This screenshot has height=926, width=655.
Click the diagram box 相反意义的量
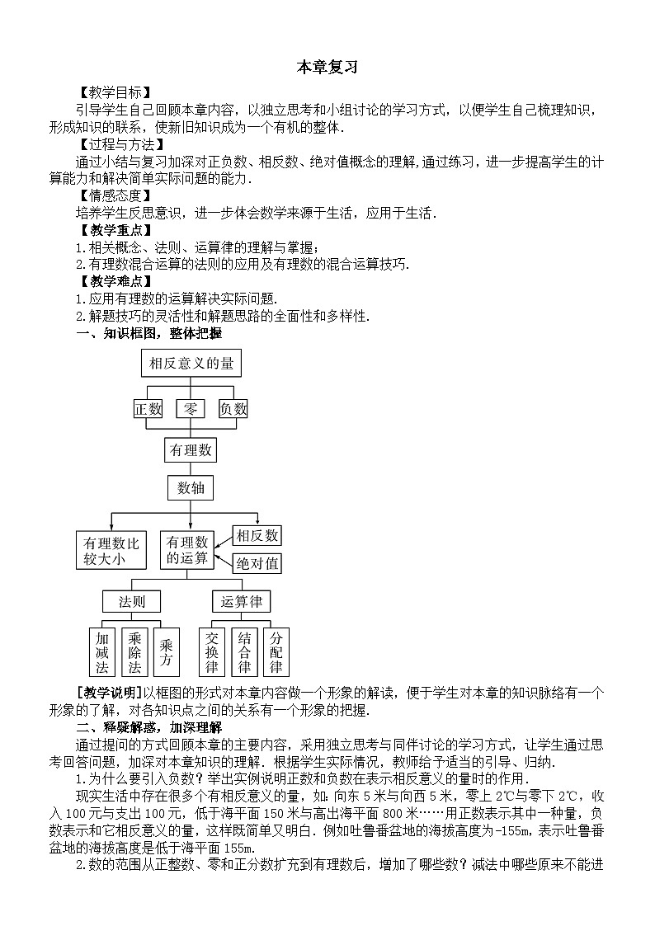click(x=191, y=364)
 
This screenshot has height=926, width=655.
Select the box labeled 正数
click(x=148, y=408)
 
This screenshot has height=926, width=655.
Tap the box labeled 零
click(x=191, y=408)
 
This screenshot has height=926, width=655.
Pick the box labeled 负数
click(x=233, y=408)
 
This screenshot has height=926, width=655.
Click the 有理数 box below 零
click(x=191, y=450)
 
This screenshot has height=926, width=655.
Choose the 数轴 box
click(x=191, y=488)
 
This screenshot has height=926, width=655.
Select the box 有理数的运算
click(x=187, y=550)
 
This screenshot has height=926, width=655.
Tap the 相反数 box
click(x=257, y=536)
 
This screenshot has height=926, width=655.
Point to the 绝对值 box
click(x=257, y=564)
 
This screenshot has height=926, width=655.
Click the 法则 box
click(x=131, y=602)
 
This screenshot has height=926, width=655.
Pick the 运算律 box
click(x=241, y=602)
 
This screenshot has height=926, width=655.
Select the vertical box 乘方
click(x=167, y=652)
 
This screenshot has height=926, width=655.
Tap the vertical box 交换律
click(x=211, y=652)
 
